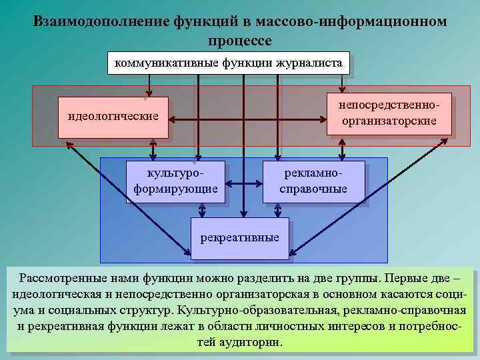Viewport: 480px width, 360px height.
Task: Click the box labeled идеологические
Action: pos(113,117)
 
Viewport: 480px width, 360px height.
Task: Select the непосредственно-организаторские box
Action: pos(389,113)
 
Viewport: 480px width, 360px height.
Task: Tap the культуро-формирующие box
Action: pos(175,181)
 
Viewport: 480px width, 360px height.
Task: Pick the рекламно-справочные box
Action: pos(313,181)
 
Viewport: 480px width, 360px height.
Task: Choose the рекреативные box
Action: pos(240,238)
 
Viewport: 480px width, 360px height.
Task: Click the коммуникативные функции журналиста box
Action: pos(229,63)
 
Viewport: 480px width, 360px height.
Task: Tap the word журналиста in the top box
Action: pos(311,63)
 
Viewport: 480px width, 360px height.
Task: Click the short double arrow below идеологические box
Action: pos(153,148)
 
